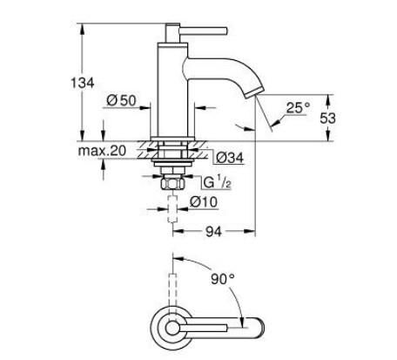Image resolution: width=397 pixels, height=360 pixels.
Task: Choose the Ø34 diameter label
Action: pyautogui.click(x=226, y=157)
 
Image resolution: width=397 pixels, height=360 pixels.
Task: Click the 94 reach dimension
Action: pyautogui.click(x=214, y=232)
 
